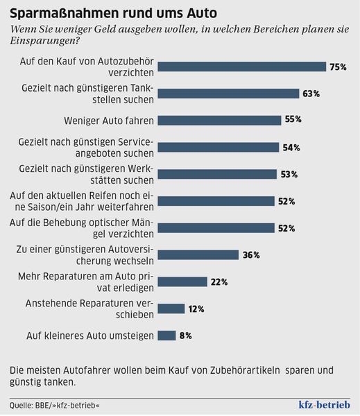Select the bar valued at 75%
(242, 67)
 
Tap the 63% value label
(310, 94)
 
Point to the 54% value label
(291, 147)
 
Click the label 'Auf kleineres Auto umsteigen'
(89, 336)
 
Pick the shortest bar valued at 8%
(166, 336)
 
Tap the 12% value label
(196, 309)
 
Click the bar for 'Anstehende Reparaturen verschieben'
(171, 309)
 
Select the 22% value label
(219, 281)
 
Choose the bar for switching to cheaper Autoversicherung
(198, 254)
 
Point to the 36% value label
(250, 254)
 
